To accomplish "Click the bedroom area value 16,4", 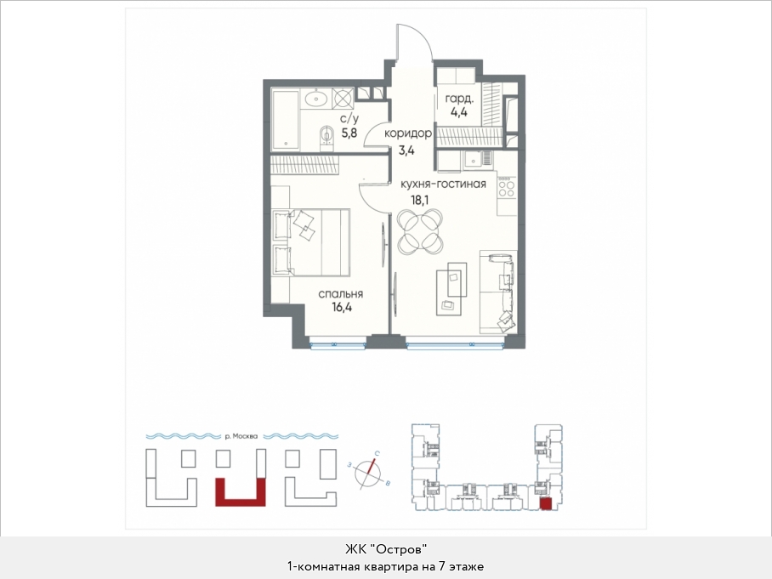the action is pos(342,308).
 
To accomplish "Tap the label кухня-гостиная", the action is pos(443,184).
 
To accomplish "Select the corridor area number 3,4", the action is pos(406,150).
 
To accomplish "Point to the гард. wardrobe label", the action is pos(459,99).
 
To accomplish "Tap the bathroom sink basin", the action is pos(315,99).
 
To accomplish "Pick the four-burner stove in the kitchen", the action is pos(507,189).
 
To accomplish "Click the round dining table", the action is pos(419,229).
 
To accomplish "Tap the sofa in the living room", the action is pos(498,292).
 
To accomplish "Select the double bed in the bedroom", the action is pos(310,241).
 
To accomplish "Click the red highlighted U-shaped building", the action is pos(241,492).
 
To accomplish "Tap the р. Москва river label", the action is pos(241,436).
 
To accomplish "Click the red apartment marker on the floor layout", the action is pos(546,503).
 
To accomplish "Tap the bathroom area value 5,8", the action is pos(349,133).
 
